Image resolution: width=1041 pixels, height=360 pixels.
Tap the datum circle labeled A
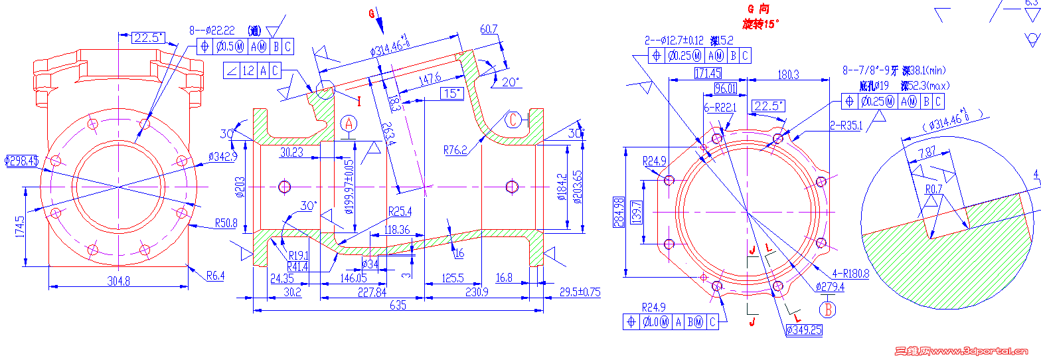[350, 123]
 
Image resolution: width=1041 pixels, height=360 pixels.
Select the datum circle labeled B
[828, 309]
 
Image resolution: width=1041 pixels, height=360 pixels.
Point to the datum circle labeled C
[513, 119]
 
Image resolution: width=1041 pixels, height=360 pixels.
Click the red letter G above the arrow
[372, 13]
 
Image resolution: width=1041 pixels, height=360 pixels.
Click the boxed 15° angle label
[451, 94]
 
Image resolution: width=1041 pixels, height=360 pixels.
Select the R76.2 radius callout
[455, 150]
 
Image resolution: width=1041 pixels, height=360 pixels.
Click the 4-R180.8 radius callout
[850, 272]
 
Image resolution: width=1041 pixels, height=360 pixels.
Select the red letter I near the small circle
[359, 102]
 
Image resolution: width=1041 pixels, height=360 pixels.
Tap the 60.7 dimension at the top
[488, 29]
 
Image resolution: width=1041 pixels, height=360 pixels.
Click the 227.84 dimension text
[372, 292]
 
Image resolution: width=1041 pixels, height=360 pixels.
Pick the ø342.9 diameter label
[222, 156]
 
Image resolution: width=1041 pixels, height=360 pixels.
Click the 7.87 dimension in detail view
[927, 152]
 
